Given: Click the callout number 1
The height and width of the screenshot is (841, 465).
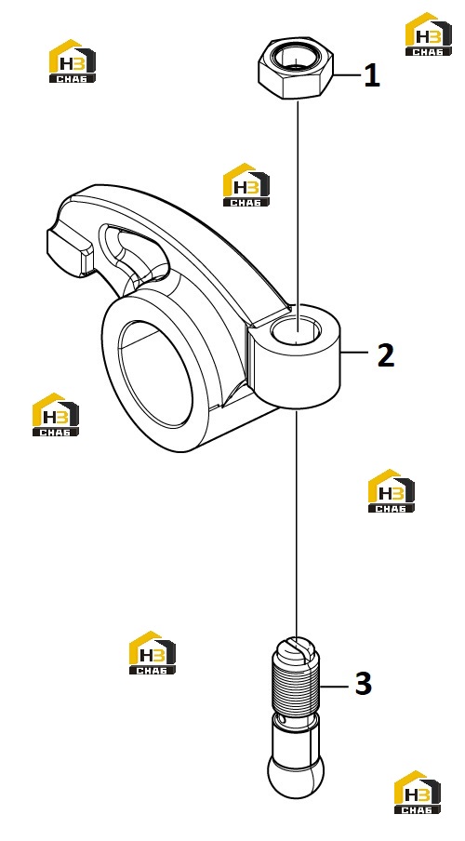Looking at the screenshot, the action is [x=372, y=75].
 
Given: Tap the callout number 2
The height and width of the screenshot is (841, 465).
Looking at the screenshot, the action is [x=386, y=354].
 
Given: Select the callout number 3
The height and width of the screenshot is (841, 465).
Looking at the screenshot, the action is [x=363, y=684].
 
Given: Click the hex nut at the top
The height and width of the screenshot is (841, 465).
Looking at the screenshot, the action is [x=296, y=71].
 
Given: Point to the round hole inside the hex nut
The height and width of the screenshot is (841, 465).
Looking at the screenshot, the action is [x=295, y=56].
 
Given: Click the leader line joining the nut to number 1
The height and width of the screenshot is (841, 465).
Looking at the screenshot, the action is [x=347, y=75].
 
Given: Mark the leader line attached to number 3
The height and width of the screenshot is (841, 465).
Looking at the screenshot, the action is [x=336, y=686].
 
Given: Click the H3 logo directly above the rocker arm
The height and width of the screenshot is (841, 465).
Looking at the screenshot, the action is [x=246, y=184].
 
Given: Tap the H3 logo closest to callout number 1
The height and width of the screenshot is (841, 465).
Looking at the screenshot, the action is [x=428, y=33].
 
